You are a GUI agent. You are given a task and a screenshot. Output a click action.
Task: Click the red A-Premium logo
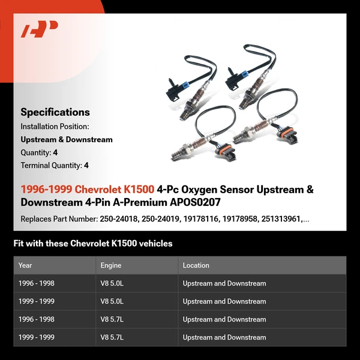click(x=40, y=29)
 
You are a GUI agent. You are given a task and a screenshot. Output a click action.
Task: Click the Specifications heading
click(x=55, y=112)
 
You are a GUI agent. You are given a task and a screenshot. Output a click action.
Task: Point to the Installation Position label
click(x=55, y=127)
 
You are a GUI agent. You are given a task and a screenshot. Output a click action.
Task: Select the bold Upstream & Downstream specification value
click(x=67, y=140)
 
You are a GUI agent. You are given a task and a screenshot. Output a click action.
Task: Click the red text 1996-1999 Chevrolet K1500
click(x=88, y=190)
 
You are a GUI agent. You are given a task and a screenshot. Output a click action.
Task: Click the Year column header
click(x=25, y=265)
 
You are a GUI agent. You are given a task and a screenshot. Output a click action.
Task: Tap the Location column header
click(x=196, y=265)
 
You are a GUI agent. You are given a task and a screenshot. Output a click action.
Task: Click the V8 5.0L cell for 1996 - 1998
click(x=113, y=283)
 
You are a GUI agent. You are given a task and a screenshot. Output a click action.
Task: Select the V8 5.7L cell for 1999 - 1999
click(x=113, y=337)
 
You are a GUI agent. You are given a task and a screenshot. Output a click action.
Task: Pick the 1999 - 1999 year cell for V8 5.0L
click(x=37, y=301)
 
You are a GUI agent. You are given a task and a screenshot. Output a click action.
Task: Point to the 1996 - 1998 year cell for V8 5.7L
click(x=37, y=319)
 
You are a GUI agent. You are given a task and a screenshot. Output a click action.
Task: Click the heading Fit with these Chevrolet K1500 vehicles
click(x=93, y=244)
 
